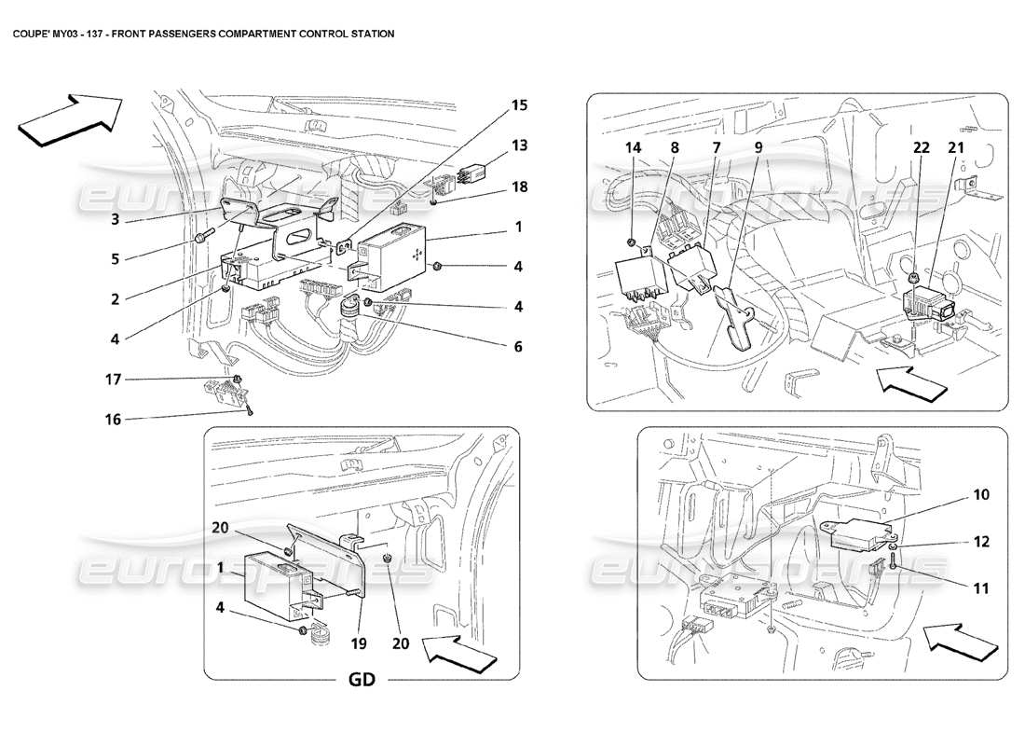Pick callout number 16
113,420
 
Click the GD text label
362,680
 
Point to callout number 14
633,146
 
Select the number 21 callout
956,146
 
